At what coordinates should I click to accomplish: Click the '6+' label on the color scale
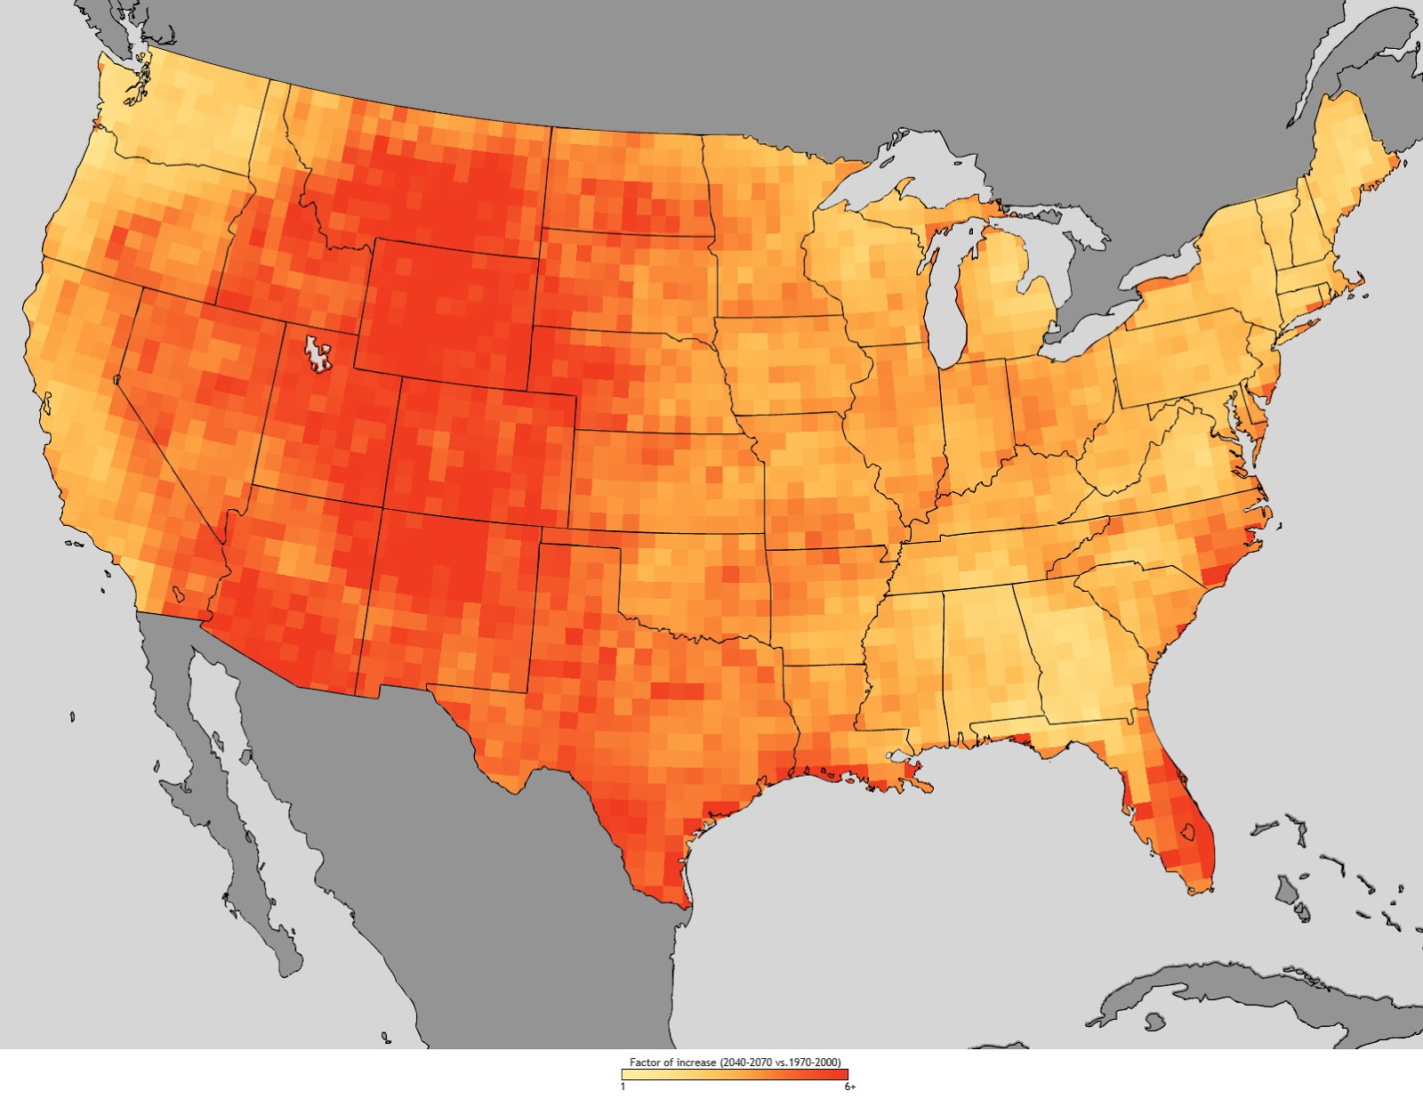coord(850,1087)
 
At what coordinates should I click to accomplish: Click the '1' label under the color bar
coord(623,1087)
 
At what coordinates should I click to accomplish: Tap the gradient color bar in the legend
coord(735,1074)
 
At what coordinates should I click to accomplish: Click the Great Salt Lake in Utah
coord(317,353)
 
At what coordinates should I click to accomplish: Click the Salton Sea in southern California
coord(179,592)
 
